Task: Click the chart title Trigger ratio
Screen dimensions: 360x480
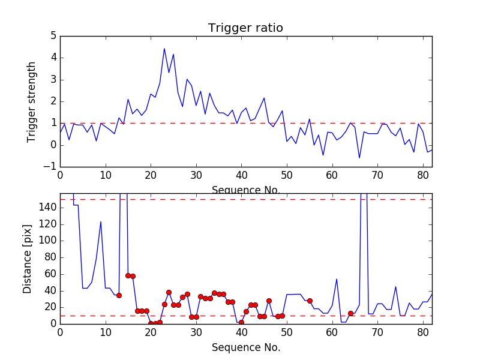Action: (245, 28)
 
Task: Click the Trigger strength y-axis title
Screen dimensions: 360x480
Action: (32, 101)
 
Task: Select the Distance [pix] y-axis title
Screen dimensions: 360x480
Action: (28, 258)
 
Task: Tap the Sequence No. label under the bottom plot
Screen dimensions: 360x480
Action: (245, 347)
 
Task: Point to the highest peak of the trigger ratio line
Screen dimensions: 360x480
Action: (164, 49)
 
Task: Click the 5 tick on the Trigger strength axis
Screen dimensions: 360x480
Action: (53, 36)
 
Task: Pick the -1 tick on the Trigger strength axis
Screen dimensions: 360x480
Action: (50, 167)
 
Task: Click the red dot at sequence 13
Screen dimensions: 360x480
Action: (119, 295)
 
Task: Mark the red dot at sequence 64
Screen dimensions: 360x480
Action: (350, 313)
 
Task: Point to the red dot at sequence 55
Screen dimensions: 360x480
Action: (310, 301)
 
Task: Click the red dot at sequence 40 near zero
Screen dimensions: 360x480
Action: (241, 322)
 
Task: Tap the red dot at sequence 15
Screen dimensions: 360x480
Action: (128, 275)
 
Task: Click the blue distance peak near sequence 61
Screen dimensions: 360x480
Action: (337, 279)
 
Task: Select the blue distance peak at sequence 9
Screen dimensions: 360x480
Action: (101, 222)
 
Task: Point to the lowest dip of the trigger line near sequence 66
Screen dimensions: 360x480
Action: (359, 158)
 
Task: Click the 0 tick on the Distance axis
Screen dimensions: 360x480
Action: (54, 323)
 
